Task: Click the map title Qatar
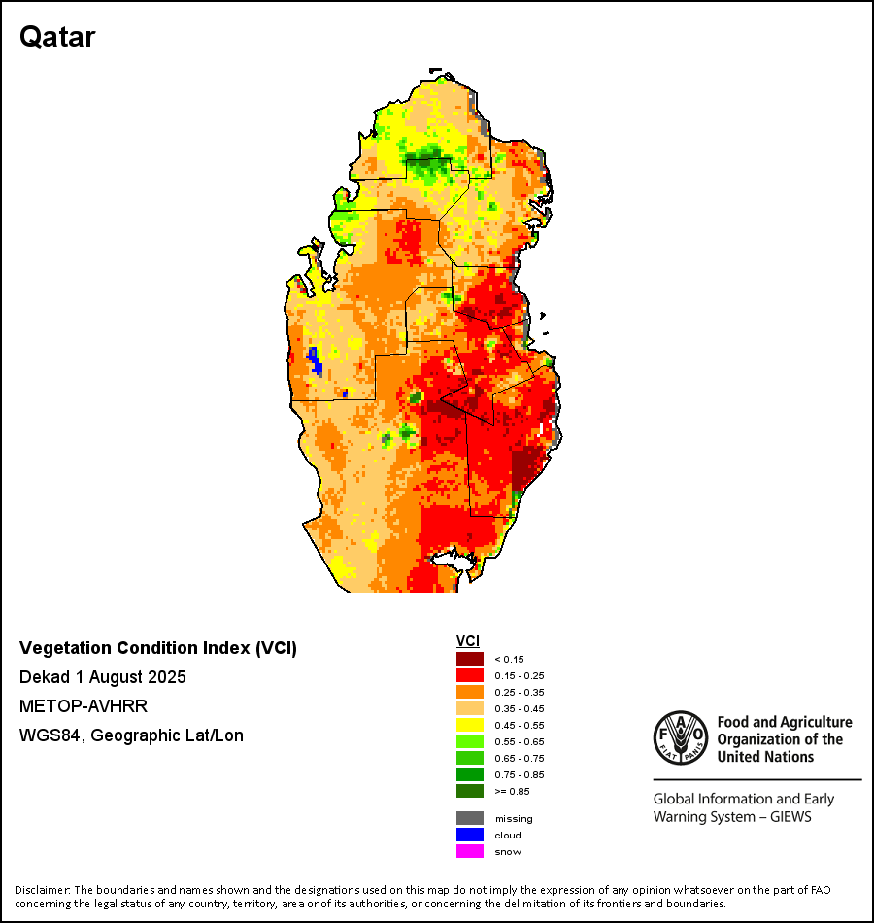[57, 38]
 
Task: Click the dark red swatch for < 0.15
[470, 659]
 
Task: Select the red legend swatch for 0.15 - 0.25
[470, 675]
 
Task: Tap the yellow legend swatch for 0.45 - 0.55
[470, 725]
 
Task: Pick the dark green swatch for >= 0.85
[470, 791]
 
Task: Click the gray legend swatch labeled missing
[470, 818]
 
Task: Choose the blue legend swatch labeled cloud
[470, 835]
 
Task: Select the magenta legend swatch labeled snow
[470, 851]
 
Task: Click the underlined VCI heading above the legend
[466, 641]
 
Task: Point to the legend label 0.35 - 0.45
[515, 708]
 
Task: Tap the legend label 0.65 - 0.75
[515, 758]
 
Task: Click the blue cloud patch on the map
[315, 360]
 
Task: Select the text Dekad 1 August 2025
[103, 677]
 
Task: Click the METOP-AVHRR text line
[84, 706]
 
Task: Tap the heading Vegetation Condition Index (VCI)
[158, 648]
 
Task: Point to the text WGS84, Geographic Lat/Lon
[131, 735]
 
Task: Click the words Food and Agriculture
[784, 722]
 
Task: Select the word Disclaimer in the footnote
[42, 890]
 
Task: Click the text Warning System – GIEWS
[732, 817]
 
